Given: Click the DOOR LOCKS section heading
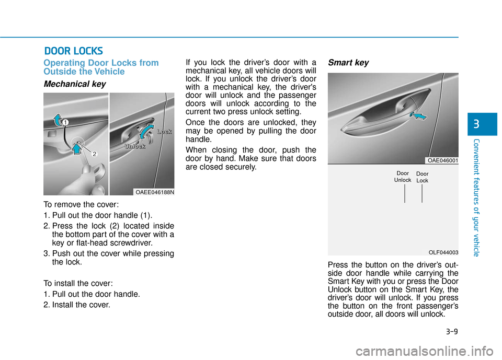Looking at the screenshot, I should click(73, 51).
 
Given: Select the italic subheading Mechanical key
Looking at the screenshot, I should click(75, 84).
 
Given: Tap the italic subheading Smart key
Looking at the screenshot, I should click(348, 63).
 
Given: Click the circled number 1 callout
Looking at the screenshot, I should click(66, 122).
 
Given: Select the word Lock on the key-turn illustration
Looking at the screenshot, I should click(164, 132).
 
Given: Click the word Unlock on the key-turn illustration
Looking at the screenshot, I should click(135, 146).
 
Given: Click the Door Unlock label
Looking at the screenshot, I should click(402, 177).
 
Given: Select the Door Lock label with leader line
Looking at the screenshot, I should click(422, 177).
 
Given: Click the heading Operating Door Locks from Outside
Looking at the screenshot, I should click(101, 67).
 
